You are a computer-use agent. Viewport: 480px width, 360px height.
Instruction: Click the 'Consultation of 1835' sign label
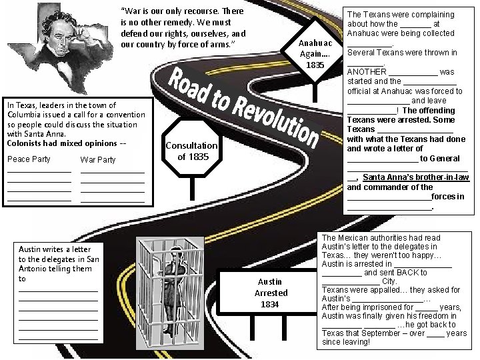192,151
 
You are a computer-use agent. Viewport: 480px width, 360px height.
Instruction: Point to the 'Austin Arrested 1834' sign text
271,293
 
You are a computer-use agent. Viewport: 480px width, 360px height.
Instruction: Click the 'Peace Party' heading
29,159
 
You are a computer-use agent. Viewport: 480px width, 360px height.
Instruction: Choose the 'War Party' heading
97,160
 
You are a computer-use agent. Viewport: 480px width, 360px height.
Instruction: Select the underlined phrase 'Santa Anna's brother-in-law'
415,178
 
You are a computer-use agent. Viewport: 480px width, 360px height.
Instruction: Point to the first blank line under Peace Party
39,172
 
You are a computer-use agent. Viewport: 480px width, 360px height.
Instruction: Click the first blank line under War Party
112,172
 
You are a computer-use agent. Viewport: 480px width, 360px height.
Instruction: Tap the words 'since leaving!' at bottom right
346,342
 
